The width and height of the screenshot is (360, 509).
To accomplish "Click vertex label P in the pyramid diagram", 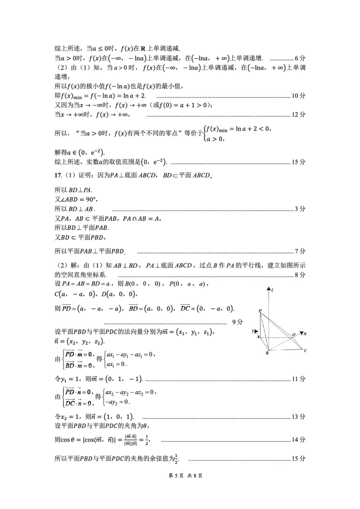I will [x=260, y=311].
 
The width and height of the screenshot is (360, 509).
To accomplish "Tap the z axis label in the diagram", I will [x=273, y=291].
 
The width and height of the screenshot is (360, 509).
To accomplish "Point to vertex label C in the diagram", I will [x=305, y=350].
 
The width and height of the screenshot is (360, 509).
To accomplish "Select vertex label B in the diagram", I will [x=267, y=353].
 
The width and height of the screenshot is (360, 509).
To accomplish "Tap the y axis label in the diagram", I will [x=253, y=330].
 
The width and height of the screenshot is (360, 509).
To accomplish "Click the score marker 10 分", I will [x=298, y=96].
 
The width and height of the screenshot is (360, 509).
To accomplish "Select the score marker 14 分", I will [x=298, y=439].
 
